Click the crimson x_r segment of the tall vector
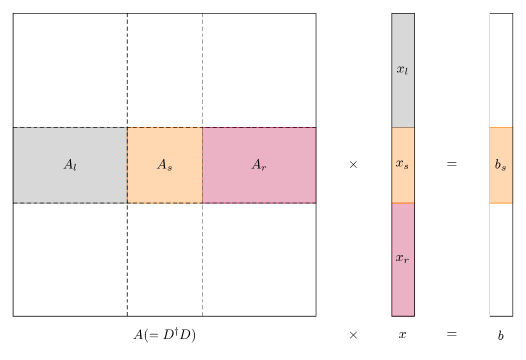click(402, 288)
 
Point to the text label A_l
click(70, 165)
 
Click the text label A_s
click(164, 165)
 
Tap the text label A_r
click(258, 165)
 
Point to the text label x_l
click(402, 70)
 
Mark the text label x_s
click(402, 164)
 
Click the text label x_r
click(402, 258)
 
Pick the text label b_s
click(501, 165)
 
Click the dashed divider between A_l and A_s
click(127, 182)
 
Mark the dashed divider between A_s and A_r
click(202, 182)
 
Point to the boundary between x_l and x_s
click(402, 128)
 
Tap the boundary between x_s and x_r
click(402, 203)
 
